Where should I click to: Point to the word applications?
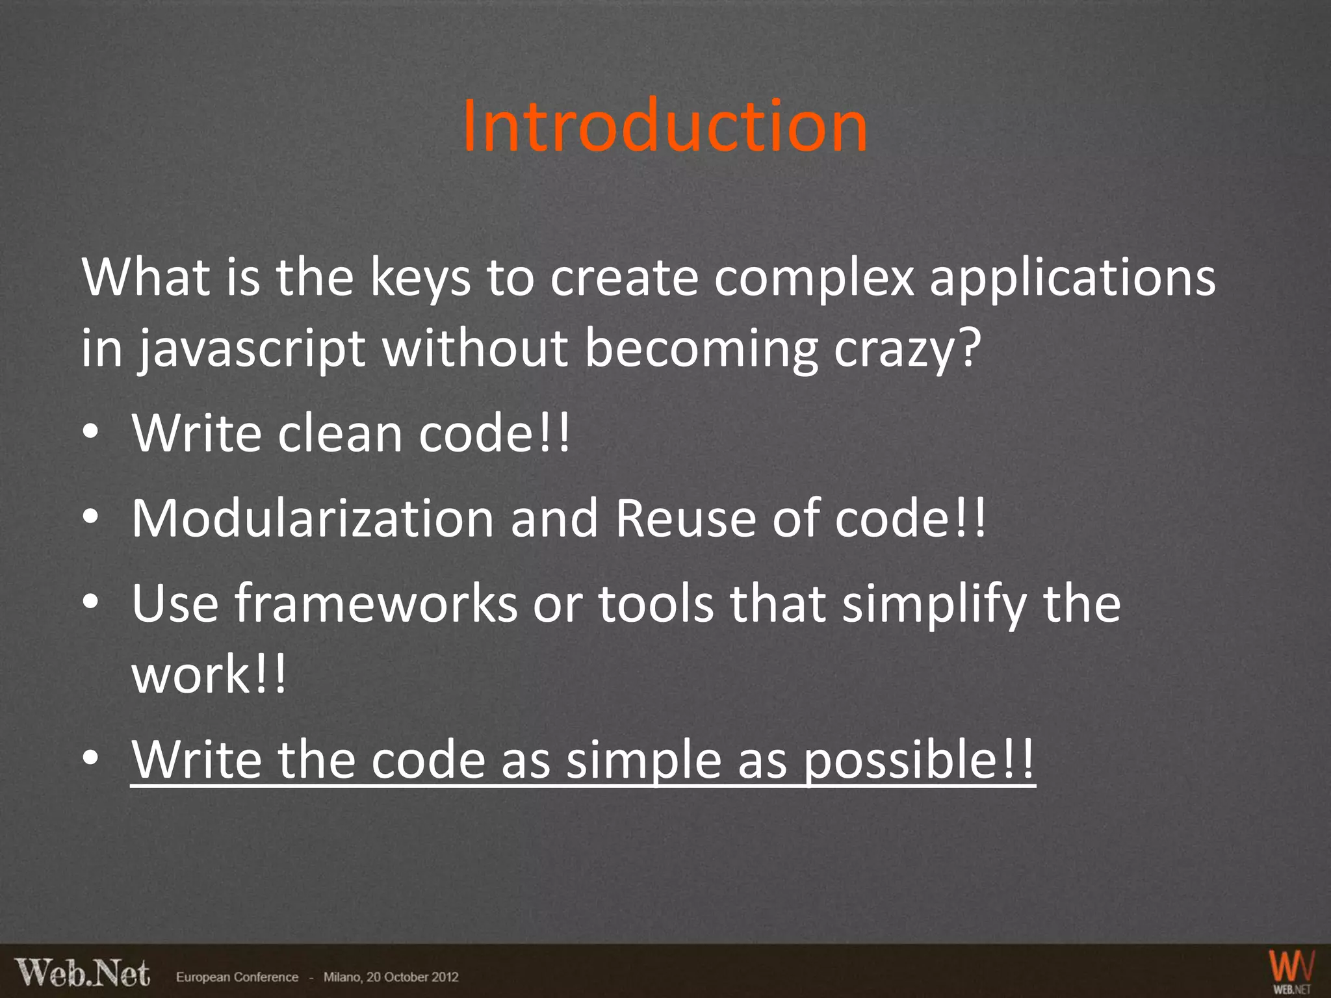pyautogui.click(x=1072, y=278)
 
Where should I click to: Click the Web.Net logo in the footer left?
pyautogui.click(x=83, y=974)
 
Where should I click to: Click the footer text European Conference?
pyautogui.click(x=237, y=977)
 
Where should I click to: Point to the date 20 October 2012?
pyautogui.click(x=412, y=977)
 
